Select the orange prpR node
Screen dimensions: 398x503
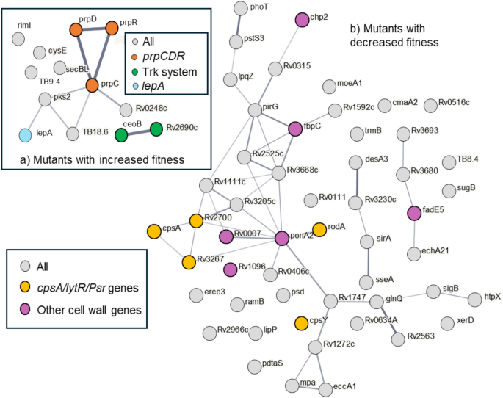(112, 28)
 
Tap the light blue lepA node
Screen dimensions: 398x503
(26, 135)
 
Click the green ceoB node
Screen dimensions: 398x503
(122, 135)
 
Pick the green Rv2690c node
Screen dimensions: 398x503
(156, 129)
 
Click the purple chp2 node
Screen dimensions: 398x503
(301, 20)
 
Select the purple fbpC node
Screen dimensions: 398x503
(296, 129)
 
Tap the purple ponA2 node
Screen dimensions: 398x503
(282, 238)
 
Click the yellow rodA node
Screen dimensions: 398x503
(319, 230)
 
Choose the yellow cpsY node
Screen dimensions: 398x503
(300, 322)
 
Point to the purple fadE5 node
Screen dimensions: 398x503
(413, 213)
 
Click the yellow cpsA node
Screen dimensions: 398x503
(153, 231)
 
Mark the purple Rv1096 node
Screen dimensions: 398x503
(231, 269)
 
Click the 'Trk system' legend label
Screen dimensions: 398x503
(170, 71)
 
